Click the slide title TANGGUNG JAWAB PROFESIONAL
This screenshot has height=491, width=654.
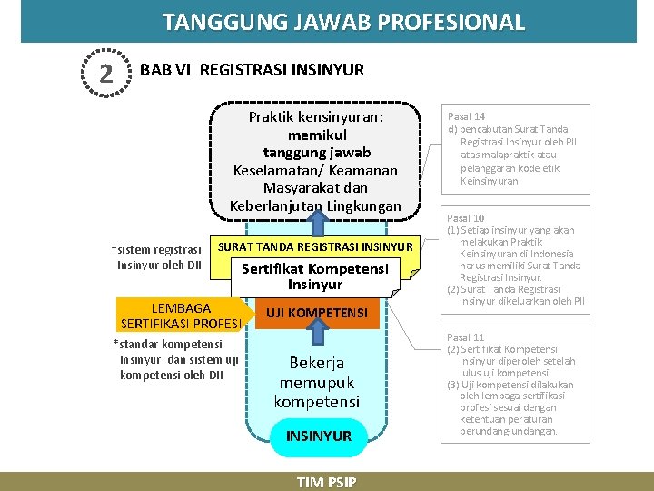tap(343, 22)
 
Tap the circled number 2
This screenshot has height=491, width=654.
tap(106, 73)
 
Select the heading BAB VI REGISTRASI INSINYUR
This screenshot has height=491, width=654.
tap(252, 70)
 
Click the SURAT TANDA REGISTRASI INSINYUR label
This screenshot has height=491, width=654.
tap(315, 246)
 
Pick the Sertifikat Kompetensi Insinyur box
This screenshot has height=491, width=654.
tap(314, 276)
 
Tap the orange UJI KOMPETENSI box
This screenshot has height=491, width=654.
tap(316, 313)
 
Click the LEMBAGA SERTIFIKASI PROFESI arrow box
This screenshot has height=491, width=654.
tap(180, 315)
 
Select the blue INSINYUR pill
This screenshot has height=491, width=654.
tap(318, 436)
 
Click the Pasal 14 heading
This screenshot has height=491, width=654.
tap(466, 116)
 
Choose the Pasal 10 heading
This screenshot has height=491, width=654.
tap(466, 218)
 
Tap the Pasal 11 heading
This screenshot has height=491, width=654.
tap(465, 336)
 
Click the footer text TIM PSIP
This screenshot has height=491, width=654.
tap(326, 482)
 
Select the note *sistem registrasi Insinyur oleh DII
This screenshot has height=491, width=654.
tap(157, 256)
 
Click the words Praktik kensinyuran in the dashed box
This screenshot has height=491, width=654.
tap(316, 117)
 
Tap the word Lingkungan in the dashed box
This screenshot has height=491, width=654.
tap(360, 206)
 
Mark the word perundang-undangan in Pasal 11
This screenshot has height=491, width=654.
tap(509, 431)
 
